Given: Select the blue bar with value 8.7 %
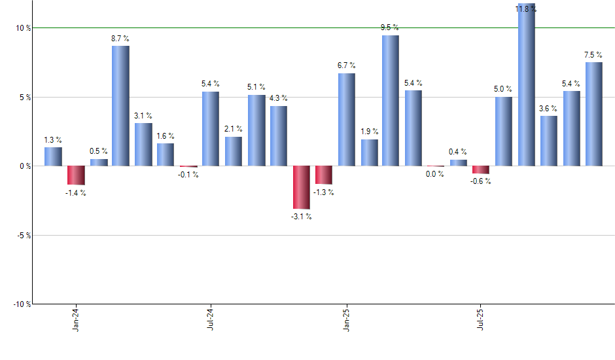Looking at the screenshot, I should tap(120, 105).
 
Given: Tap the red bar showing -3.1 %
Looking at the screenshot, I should tap(301, 187).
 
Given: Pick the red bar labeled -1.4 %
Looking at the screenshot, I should tap(76, 175).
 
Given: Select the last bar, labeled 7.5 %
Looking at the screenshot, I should tap(594, 114).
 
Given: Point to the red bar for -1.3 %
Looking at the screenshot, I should tap(324, 175).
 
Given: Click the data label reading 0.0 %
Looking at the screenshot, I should tap(435, 174).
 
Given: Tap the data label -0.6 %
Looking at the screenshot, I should tap(480, 182).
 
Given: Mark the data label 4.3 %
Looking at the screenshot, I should tap(279, 98).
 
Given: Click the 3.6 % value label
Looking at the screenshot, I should tap(548, 109).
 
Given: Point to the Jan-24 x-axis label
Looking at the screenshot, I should tap(77, 319).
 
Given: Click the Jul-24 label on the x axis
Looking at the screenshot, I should tap(211, 319).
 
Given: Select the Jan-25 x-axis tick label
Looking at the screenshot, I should tap(346, 319).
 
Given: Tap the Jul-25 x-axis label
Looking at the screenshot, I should tap(481, 319).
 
